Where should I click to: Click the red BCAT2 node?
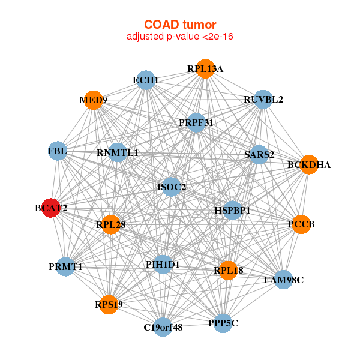tap(51, 208)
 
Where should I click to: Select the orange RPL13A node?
tap(205, 69)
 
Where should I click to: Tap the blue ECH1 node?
tap(146, 80)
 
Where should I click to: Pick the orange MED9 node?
tap(94, 100)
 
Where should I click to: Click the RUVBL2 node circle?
tap(263, 99)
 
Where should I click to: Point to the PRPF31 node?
tap(196, 122)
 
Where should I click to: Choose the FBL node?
tap(58, 151)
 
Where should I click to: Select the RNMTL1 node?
tap(118, 153)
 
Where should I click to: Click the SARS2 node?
tap(259, 155)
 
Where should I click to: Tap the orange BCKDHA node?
tap(308, 164)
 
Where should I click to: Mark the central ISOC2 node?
tap(172, 187)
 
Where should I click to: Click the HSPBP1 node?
tap(232, 211)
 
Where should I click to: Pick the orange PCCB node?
tap(301, 224)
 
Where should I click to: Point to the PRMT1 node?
tap(65, 266)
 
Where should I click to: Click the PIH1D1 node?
tap(163, 264)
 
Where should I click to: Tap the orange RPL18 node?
tap(228, 271)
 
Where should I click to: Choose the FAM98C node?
tap(284, 280)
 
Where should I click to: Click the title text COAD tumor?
tap(180, 25)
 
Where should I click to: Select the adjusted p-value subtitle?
tap(180, 37)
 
